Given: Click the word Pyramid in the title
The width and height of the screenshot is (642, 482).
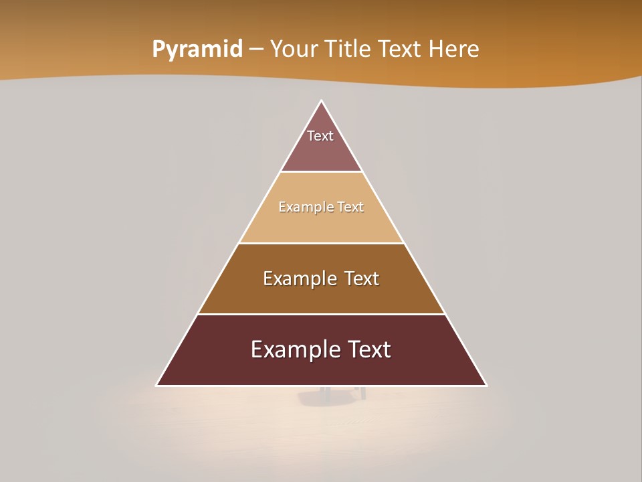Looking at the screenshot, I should tap(197, 50).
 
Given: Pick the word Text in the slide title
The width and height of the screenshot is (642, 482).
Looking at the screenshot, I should tap(401, 50).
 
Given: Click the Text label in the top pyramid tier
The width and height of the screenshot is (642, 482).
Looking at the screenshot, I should tap(320, 136).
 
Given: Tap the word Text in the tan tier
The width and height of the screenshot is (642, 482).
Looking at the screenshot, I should tap(351, 207).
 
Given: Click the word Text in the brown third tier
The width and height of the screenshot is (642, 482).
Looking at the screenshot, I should tap(362, 278).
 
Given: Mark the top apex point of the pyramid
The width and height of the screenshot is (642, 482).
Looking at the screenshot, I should tap(322, 101).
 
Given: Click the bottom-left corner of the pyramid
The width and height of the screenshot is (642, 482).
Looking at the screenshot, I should tap(157, 385).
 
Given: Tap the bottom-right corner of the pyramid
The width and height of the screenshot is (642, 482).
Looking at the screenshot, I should tap(486, 385).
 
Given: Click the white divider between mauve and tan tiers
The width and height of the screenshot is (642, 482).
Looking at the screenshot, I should tap(322, 172).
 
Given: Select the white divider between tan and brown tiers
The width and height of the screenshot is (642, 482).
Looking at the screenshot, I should tap(322, 243).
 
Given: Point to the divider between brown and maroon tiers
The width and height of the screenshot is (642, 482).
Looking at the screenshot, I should tap(322, 314).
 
